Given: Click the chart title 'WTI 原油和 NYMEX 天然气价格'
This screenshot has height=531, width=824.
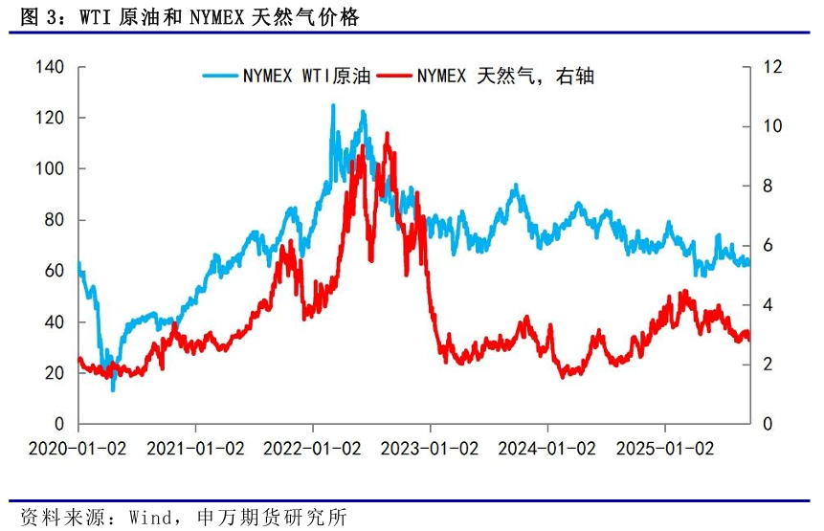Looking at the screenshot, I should coord(207,17).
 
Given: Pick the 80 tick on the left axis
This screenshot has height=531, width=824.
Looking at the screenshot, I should coord(53,220).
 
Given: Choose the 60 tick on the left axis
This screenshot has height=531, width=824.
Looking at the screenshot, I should coord(53,271).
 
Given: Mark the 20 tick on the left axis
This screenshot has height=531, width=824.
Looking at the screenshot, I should coord(53,373).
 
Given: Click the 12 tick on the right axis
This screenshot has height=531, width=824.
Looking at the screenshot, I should coord(772,67).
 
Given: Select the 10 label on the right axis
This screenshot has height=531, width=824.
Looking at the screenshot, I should coord(772,126).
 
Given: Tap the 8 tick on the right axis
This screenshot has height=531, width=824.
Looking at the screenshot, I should coord(768,186).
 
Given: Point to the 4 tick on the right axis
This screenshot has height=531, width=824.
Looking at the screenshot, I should coord(768,304).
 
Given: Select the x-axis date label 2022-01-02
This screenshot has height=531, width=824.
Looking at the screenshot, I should coord(313,448).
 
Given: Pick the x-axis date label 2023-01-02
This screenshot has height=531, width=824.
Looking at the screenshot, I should coord(431,448).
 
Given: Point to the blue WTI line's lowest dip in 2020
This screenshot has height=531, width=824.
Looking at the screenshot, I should coord(113,389).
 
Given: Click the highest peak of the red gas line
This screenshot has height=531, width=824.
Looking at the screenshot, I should coord(387,134).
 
